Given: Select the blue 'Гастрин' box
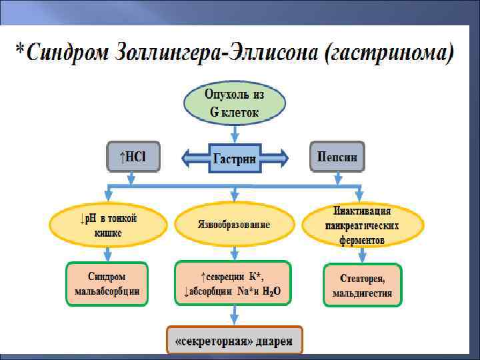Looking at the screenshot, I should tap(234, 159).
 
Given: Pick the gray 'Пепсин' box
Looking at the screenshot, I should tap(337, 157).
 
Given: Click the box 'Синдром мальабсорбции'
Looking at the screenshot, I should tap(107, 283).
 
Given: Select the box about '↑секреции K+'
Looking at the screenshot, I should tap(233, 283).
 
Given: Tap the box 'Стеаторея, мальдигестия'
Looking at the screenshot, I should tap(362, 285).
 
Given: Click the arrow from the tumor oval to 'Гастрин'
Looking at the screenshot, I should tap(235, 134).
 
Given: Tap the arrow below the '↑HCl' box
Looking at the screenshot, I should tap(132, 178).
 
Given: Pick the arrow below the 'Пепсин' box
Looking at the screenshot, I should tap(337, 178).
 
